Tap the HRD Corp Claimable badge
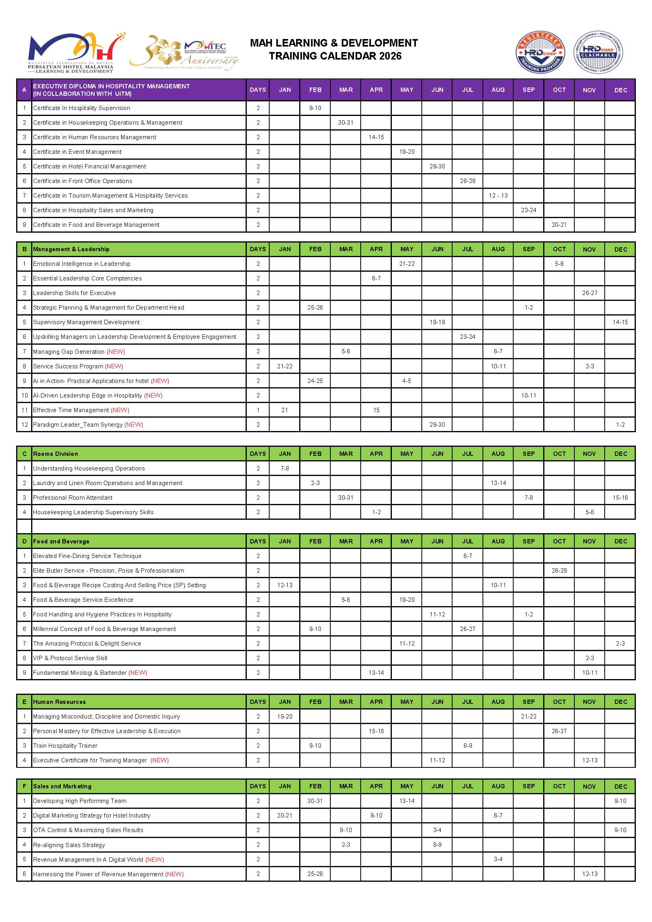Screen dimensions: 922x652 [598, 52]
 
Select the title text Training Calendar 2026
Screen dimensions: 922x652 [335, 56]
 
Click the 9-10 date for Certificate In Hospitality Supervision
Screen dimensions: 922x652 [315, 108]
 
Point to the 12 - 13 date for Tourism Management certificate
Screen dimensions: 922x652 [498, 196]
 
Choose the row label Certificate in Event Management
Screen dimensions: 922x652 [77, 152]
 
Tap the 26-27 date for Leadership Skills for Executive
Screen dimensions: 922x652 [589, 293]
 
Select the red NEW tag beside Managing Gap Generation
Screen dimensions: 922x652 [115, 352]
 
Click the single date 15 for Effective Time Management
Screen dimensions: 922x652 [376, 410]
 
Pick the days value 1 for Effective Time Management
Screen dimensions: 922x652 [258, 410]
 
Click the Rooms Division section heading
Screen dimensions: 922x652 [56, 454]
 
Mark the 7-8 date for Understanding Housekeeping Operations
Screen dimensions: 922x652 [285, 468]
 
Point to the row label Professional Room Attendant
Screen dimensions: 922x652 [73, 498]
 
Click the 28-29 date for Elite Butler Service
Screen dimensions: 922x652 [559, 571]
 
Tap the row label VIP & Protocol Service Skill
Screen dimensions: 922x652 [70, 658]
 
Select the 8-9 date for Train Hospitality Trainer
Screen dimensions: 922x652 [468, 746]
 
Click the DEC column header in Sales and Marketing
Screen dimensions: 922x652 [620, 786]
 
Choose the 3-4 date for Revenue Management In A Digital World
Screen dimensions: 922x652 [498, 859]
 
